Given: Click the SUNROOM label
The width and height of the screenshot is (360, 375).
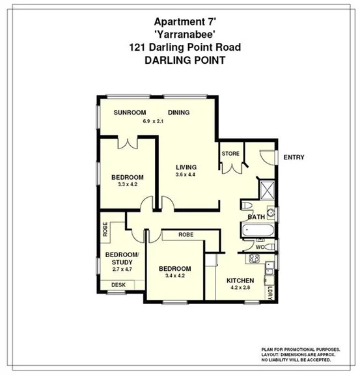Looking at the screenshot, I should [x=130, y=113].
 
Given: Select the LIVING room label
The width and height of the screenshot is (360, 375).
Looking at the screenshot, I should [x=186, y=167].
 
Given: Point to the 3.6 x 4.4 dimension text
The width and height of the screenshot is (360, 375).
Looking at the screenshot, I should [x=186, y=174].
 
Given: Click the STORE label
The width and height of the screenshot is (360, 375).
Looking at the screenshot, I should [x=230, y=154].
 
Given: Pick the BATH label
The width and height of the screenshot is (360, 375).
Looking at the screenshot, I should [x=256, y=217].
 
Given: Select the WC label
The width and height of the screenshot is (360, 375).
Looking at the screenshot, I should [x=259, y=247].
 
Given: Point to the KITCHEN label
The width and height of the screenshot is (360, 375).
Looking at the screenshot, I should [x=240, y=281].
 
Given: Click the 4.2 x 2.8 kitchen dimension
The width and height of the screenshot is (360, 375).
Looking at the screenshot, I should [x=240, y=288].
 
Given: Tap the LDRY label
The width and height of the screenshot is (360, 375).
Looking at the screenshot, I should [x=270, y=292].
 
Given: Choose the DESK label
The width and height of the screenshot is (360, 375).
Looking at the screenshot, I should [x=118, y=285].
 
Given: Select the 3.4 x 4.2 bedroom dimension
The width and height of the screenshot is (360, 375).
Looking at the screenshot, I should [x=174, y=276].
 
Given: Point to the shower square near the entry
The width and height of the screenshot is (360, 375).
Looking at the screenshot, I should [x=267, y=190].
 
